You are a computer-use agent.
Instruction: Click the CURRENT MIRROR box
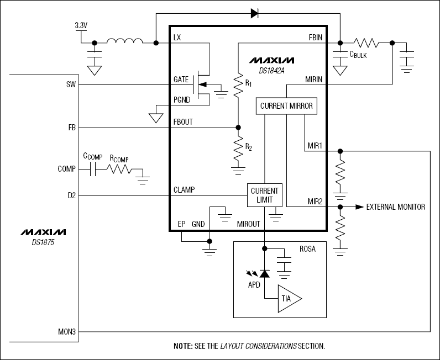286,106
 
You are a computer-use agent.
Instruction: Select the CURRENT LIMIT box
264,195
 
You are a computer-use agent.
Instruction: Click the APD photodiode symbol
265,273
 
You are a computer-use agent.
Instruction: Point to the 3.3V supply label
81,25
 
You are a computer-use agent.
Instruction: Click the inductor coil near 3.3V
124,41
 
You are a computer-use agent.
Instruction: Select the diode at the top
255,13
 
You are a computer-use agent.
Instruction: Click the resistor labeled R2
238,149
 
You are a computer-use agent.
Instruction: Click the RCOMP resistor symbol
121,170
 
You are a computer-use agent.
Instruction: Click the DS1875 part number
44,241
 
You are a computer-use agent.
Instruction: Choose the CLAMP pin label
184,189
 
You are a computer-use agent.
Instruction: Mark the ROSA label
307,249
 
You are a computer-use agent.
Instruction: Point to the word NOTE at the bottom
183,346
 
